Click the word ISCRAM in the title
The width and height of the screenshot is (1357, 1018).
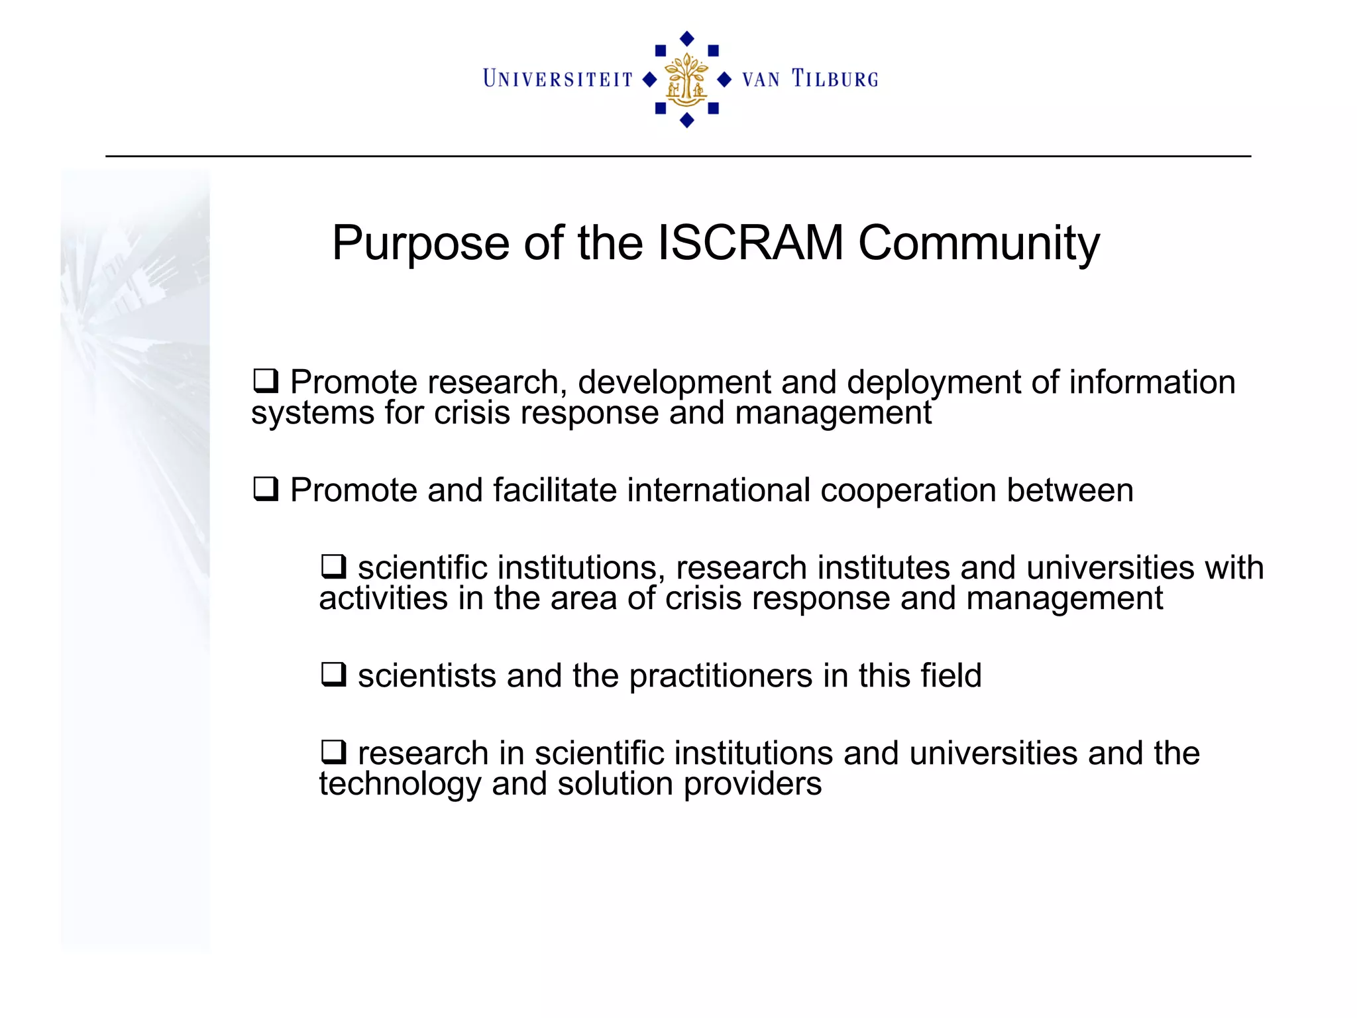coord(750,243)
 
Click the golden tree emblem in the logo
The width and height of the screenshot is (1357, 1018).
coord(686,80)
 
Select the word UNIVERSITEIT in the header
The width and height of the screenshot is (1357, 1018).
coord(558,80)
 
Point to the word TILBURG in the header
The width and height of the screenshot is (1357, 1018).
coord(835,80)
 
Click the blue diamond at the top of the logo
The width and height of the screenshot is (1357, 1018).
coord(687,38)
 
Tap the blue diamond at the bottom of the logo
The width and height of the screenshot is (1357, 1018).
coord(687,120)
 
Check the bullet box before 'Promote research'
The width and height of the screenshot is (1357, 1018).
coord(266,381)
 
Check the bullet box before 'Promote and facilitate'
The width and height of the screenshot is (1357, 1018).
coord(266,489)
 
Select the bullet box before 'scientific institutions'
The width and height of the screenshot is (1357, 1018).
coord(333,567)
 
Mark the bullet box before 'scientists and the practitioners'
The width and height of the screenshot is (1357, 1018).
coord(333,675)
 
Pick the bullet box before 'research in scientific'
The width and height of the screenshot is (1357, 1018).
coord(333,752)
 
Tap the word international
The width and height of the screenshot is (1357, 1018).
coord(718,490)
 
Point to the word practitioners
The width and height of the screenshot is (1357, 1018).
coord(721,676)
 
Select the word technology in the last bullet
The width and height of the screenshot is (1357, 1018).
coord(400,785)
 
